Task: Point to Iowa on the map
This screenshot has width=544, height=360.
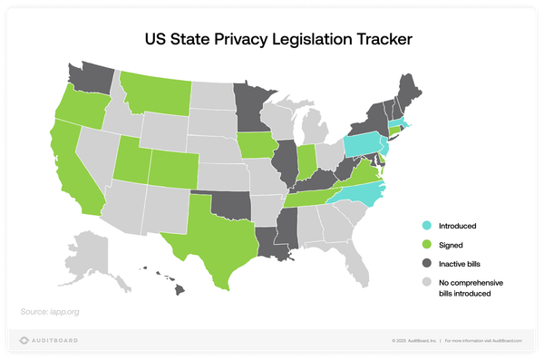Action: point(256,145)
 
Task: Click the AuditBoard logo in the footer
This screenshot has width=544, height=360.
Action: point(50,341)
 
